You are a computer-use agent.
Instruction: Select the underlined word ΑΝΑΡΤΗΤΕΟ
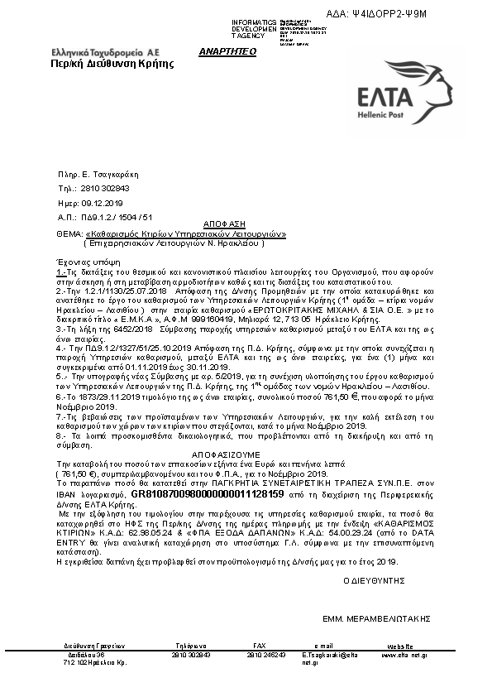pyautogui.click(x=227, y=51)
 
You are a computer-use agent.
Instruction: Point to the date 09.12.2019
pyautogui.click(x=102, y=202)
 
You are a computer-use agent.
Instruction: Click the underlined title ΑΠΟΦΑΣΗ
pyautogui.click(x=222, y=224)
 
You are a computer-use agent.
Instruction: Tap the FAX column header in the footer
pyautogui.click(x=260, y=644)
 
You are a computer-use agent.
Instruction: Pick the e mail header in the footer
pyautogui.click(x=323, y=644)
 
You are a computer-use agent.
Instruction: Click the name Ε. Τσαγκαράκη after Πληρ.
pyautogui.click(x=111, y=175)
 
